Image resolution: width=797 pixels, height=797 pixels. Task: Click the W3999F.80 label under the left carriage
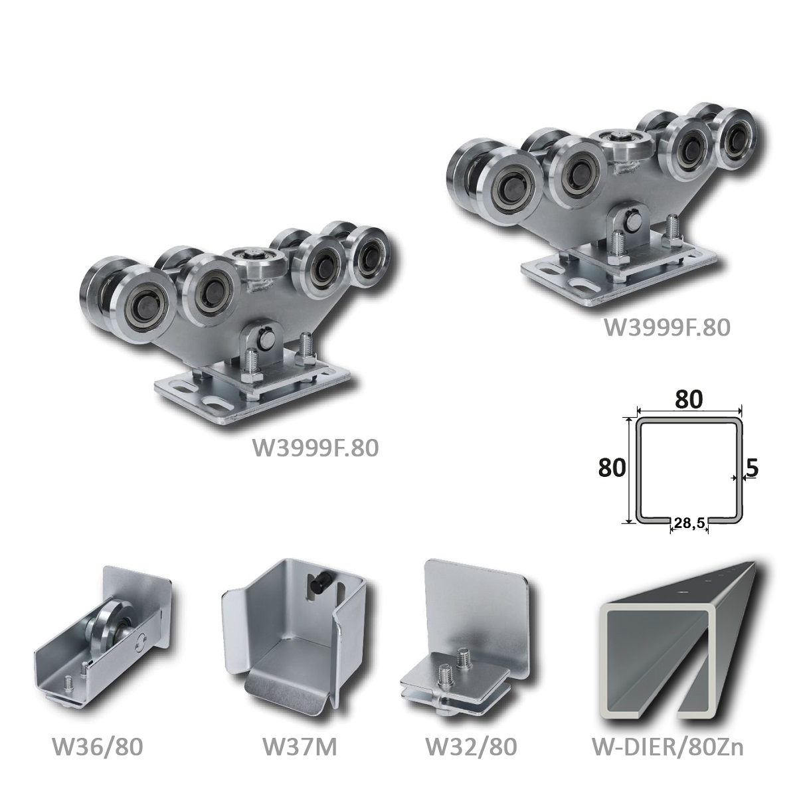pos(315,448)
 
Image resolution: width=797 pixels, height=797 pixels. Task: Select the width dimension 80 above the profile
pos(689,400)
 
